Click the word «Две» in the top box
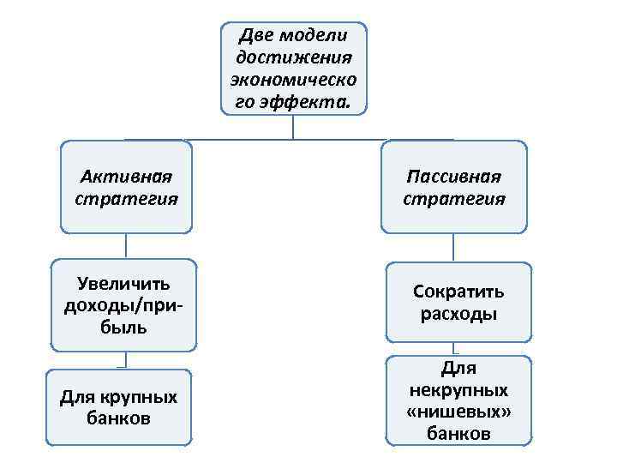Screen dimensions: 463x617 pos(255,36)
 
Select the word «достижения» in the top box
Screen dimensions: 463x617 pos(294,58)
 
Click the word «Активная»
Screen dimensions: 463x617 pos(126,177)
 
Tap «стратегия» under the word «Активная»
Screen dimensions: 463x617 pos(126,199)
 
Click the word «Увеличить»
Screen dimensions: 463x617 pos(124,284)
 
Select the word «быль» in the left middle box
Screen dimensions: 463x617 pos(126,328)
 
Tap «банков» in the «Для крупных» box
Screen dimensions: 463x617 pos(119,419)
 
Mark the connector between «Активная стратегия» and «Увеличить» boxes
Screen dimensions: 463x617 pos(126,245)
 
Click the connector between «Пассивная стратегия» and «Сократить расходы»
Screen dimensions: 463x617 pos(455,248)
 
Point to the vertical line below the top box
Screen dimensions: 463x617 pos(294,127)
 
